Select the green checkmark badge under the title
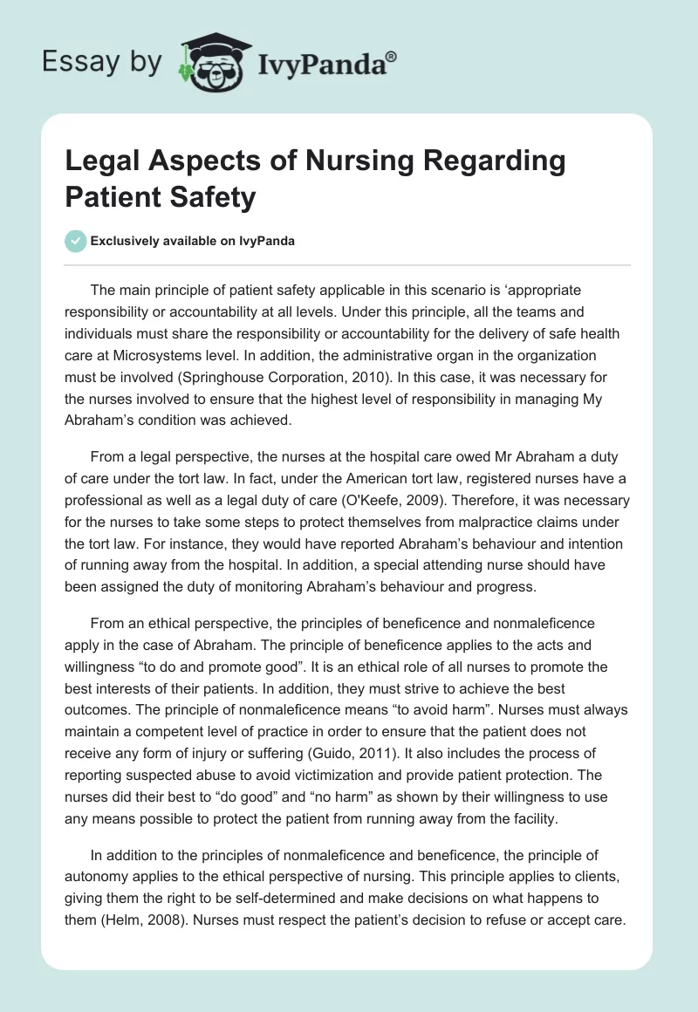76,241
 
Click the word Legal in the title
102,162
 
